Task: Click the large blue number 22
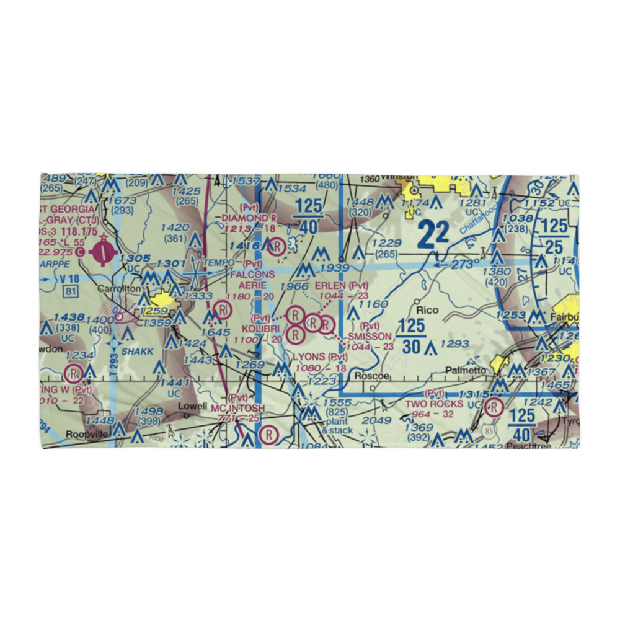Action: [433, 234]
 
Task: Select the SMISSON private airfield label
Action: [370, 337]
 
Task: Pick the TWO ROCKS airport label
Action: [433, 404]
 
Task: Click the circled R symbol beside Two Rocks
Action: [494, 407]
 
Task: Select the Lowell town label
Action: [192, 406]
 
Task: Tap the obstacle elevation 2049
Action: [376, 421]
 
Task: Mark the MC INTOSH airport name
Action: [237, 408]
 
